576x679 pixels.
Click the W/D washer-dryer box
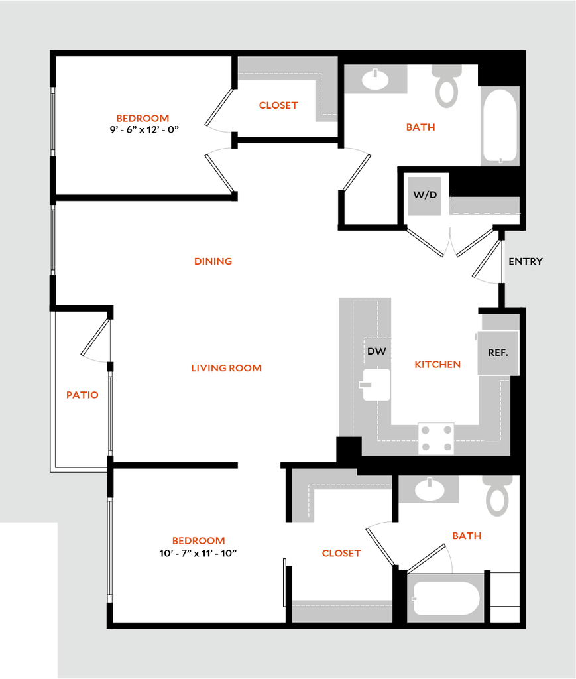(x=424, y=196)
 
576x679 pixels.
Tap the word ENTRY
(x=525, y=261)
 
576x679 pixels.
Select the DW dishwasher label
(x=376, y=351)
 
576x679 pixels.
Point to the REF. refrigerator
(x=498, y=353)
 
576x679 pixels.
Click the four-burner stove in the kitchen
(x=436, y=438)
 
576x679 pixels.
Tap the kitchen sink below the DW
(x=376, y=385)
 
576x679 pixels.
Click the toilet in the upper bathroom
(x=447, y=86)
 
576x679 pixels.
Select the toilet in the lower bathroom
(x=498, y=497)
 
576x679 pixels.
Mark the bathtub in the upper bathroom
(x=499, y=126)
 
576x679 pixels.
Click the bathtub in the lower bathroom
(x=445, y=598)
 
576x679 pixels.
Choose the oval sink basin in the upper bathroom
(x=376, y=80)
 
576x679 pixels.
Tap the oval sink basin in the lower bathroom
(x=430, y=491)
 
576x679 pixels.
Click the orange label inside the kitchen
(x=437, y=364)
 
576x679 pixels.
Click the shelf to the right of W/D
(x=483, y=206)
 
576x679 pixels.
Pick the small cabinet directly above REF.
(x=499, y=322)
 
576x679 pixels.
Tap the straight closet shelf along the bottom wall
(x=342, y=611)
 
